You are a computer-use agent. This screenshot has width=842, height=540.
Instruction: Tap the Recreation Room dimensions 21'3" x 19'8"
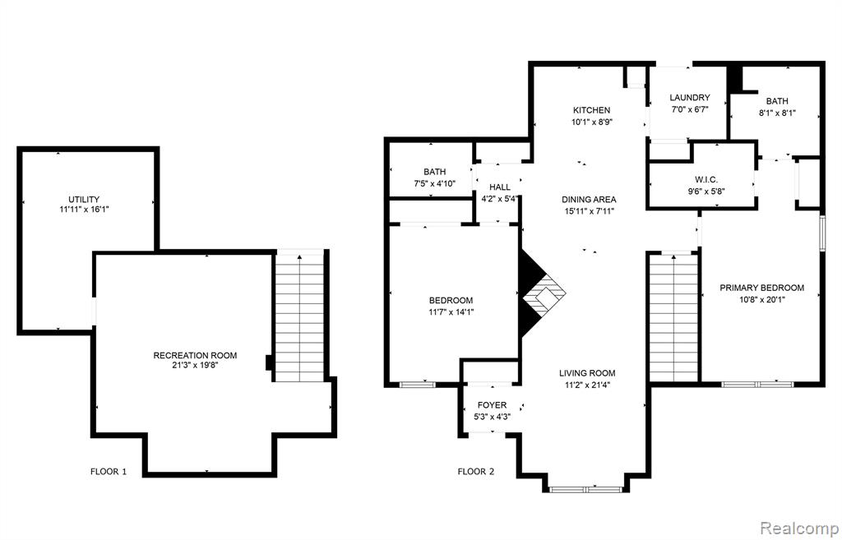click(195, 365)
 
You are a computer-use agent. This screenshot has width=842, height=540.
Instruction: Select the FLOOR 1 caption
click(109, 472)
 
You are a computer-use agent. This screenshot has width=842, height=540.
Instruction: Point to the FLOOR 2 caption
click(476, 472)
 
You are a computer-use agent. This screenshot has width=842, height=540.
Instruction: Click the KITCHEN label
click(591, 111)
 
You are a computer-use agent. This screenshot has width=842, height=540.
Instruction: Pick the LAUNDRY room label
click(690, 98)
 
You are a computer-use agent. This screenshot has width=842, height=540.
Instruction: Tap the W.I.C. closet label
click(706, 180)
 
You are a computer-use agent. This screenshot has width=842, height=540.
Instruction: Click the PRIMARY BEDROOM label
click(762, 288)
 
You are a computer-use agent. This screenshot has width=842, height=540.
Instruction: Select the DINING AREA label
click(589, 200)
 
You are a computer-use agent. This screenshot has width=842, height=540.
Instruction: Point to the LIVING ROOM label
click(587, 373)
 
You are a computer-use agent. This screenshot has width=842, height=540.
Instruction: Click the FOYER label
click(492, 405)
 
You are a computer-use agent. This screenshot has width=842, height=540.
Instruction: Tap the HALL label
click(500, 187)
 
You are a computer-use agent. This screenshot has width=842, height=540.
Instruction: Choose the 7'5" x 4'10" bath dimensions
click(434, 183)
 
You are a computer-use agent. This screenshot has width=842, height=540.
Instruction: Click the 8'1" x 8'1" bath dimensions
click(777, 113)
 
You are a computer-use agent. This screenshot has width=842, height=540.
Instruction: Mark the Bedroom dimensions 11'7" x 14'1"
click(451, 312)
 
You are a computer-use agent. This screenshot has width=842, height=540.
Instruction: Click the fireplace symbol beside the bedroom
click(539, 293)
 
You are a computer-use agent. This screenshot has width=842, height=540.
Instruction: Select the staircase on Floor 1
click(299, 316)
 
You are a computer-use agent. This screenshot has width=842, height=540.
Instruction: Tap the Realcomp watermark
click(799, 527)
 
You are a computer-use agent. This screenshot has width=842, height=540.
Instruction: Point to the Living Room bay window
click(585, 490)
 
